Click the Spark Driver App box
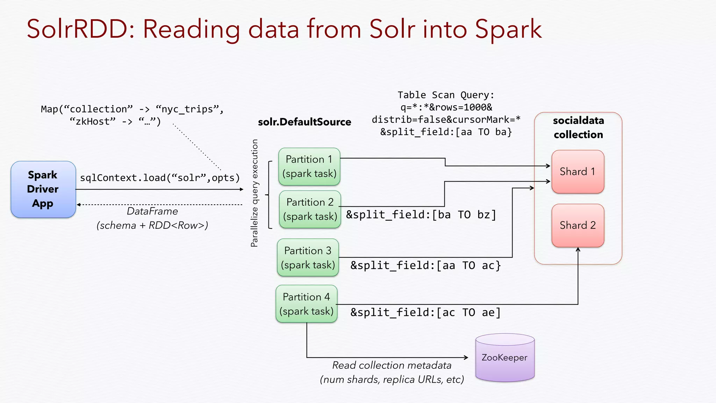[x=43, y=189]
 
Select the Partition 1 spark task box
[x=309, y=167]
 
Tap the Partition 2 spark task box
[x=310, y=209]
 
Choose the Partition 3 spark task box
[x=308, y=257]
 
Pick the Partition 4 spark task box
[x=306, y=304]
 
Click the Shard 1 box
[x=578, y=171]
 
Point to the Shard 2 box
[x=578, y=225]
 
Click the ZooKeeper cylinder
[x=504, y=358]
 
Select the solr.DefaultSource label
[x=304, y=122]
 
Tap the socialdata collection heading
[x=578, y=127]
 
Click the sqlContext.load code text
[x=160, y=178]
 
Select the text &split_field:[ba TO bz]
[x=421, y=214]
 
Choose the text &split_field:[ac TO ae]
[x=425, y=312]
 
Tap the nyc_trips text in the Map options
[x=189, y=109]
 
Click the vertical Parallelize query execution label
[x=255, y=193]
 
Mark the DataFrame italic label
[x=152, y=211]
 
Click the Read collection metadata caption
[x=392, y=365]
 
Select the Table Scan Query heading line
[x=446, y=95]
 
